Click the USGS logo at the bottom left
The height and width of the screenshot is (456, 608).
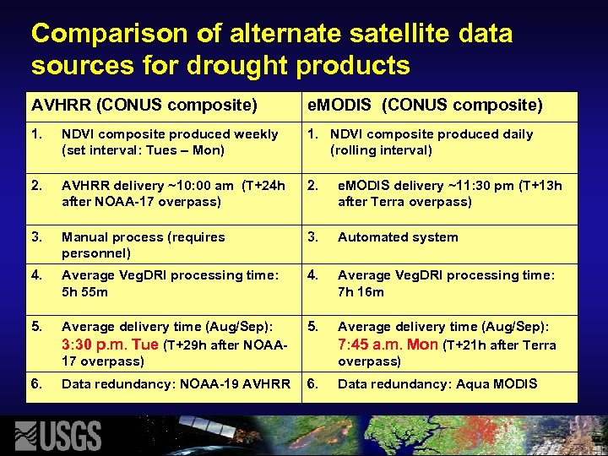pyautogui.click(x=59, y=435)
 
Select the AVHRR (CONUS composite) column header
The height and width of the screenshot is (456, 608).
pyautogui.click(x=144, y=106)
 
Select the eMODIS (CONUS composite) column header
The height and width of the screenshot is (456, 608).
pyautogui.click(x=424, y=106)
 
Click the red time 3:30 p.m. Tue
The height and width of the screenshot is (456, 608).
pyautogui.click(x=110, y=345)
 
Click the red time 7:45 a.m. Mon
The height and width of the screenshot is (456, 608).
pyautogui.click(x=388, y=345)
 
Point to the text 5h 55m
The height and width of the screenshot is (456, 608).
pyautogui.click(x=84, y=292)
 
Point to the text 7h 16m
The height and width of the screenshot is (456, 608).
pyautogui.click(x=361, y=292)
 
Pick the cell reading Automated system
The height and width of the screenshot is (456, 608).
pyautogui.click(x=398, y=237)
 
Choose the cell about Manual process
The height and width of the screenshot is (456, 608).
pyautogui.click(x=143, y=245)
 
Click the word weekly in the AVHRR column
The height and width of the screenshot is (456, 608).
pyautogui.click(x=256, y=134)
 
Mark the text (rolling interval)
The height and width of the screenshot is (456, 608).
pyautogui.click(x=381, y=150)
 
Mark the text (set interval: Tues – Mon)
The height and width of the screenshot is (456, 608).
pyautogui.click(x=143, y=150)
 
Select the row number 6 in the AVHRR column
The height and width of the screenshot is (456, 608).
pyautogui.click(x=36, y=384)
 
